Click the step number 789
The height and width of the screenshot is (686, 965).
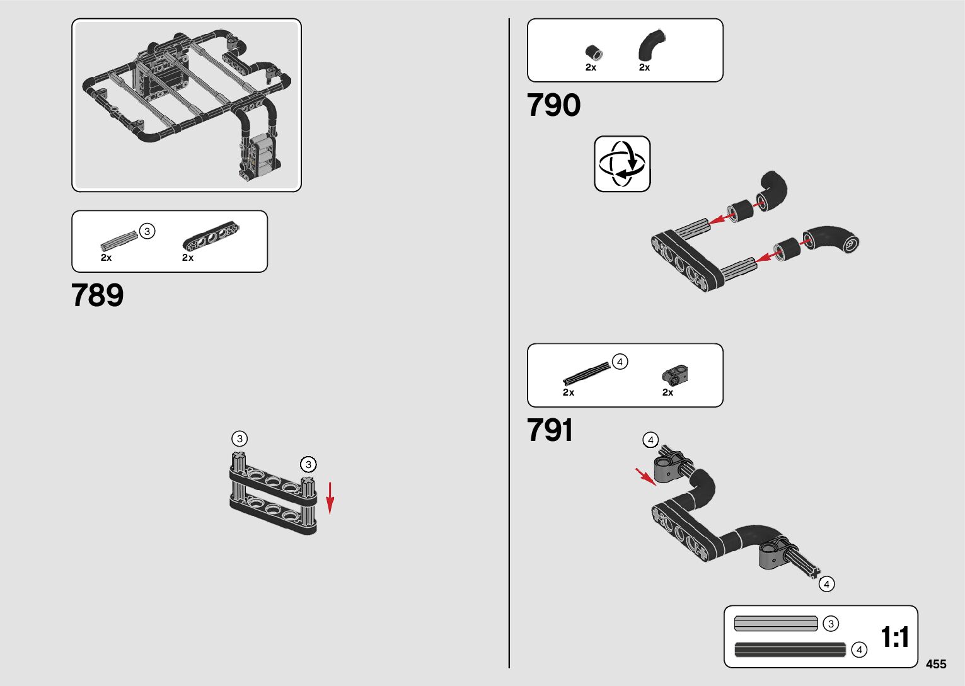click(98, 295)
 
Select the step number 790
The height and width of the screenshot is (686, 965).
click(553, 105)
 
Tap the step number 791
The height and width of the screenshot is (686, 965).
click(550, 430)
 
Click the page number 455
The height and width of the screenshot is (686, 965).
click(936, 664)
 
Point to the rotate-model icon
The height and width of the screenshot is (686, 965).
click(622, 164)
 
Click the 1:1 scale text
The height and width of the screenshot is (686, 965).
click(894, 637)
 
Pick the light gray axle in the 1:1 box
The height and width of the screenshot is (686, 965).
click(775, 624)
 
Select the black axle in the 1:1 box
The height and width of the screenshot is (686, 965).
click(790, 649)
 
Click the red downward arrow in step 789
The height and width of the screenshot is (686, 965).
click(330, 498)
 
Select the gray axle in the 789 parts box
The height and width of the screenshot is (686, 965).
click(119, 241)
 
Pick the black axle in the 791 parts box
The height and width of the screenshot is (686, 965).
click(587, 374)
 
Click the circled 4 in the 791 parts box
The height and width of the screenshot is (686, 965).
click(620, 362)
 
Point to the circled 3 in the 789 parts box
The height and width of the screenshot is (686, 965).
click(147, 231)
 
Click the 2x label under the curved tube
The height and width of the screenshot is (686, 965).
click(644, 67)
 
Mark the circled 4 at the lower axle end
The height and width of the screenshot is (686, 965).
click(826, 584)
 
